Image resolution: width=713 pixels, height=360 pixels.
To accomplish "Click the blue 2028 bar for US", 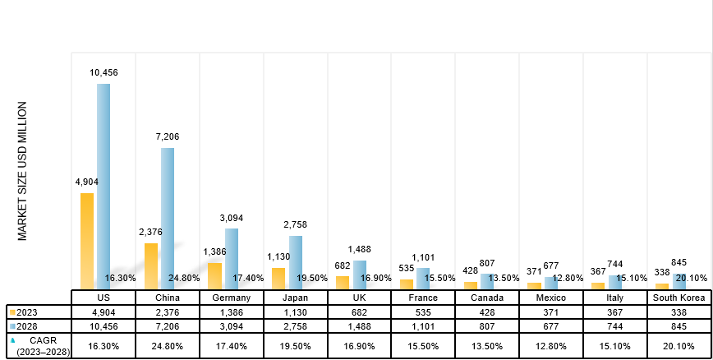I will [x=103, y=185].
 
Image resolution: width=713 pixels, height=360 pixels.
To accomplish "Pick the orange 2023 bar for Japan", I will [x=278, y=278].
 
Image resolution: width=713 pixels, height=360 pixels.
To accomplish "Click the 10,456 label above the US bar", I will [x=103, y=73].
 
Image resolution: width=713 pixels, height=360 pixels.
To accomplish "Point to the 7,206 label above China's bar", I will [x=168, y=136].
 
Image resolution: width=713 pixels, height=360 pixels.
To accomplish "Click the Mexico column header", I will [x=551, y=298].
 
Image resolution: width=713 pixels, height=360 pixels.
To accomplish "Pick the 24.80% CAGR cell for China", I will [x=168, y=346].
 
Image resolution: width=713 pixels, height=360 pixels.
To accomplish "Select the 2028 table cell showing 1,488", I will [x=360, y=327].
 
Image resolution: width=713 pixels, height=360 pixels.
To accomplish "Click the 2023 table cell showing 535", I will [x=424, y=312].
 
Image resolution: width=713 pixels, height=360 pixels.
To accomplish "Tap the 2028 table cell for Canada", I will [x=487, y=327].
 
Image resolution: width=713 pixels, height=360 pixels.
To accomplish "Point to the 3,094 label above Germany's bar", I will [x=232, y=218].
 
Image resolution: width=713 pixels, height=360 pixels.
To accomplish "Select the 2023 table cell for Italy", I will [x=615, y=312].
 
